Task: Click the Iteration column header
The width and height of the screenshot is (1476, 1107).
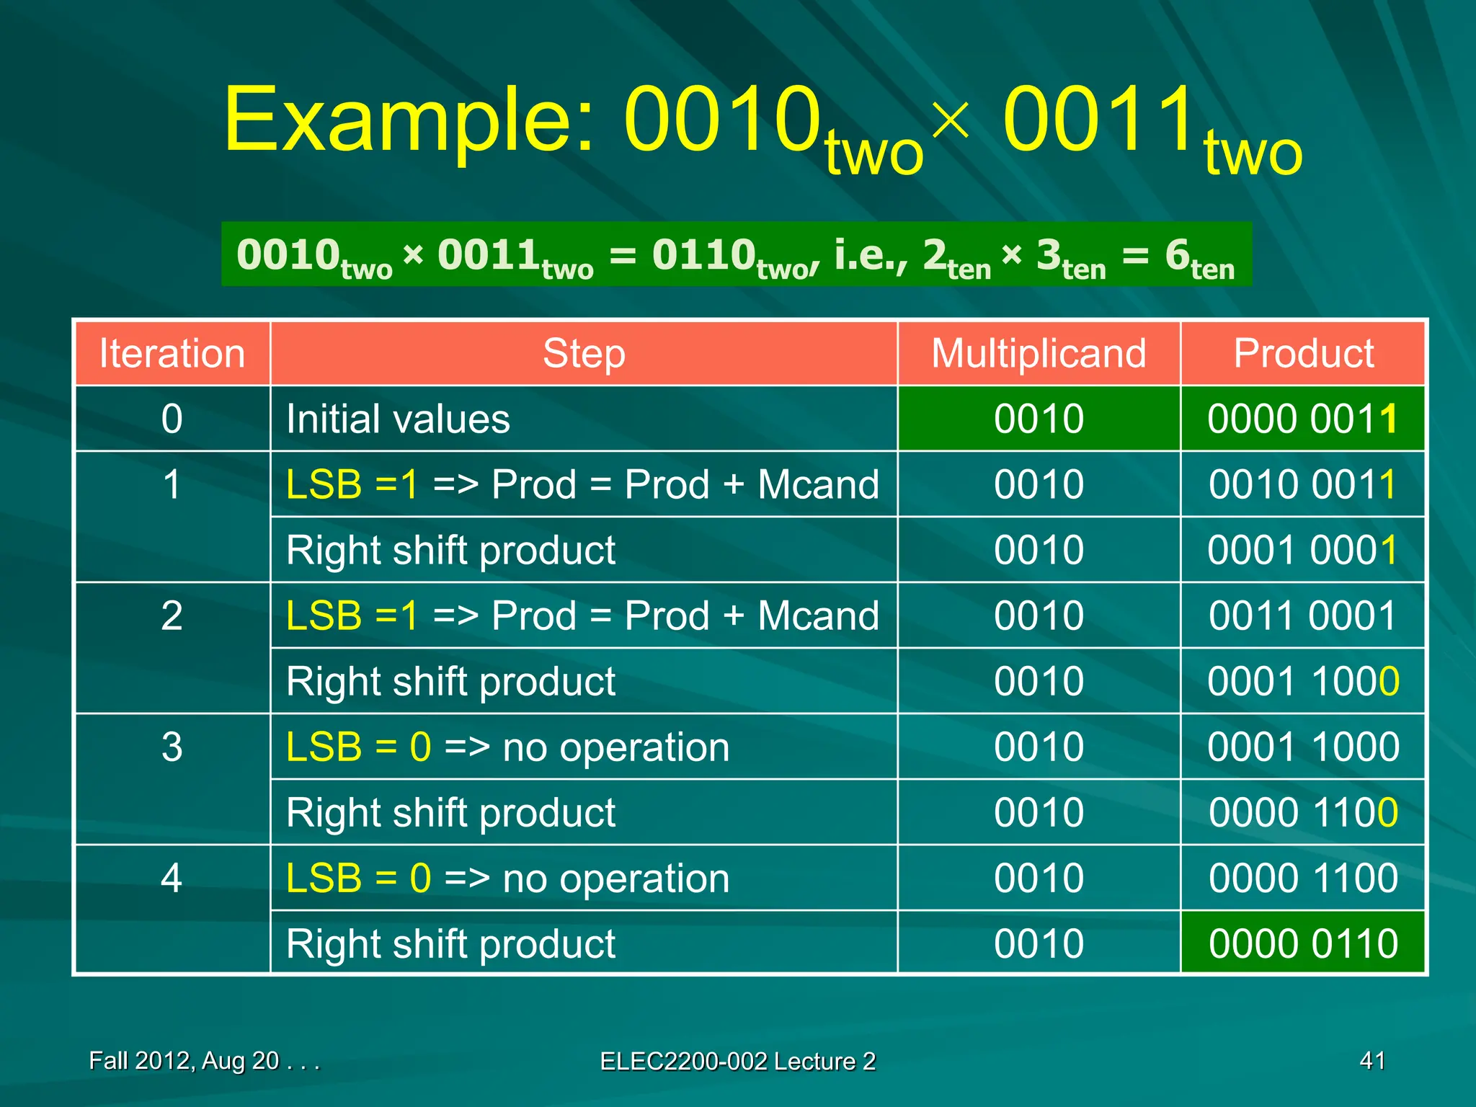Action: [172, 354]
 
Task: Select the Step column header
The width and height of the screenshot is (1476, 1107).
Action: [584, 354]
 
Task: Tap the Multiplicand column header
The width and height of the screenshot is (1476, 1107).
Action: [1039, 354]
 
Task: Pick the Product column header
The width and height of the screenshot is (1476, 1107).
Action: [1303, 354]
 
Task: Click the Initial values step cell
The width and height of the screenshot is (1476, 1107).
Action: [398, 419]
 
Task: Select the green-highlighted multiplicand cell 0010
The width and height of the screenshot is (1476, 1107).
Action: [1039, 419]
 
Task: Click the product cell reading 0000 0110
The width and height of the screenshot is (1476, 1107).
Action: [1303, 943]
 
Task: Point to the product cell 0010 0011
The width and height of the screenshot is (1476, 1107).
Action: [1303, 484]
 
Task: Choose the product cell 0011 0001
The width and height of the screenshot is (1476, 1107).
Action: [1303, 615]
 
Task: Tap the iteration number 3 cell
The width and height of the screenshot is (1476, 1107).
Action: [172, 747]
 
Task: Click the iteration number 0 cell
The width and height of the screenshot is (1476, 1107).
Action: [172, 419]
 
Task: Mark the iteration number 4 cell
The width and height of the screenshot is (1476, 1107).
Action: [172, 878]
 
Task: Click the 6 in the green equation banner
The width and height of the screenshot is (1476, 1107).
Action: [1177, 256]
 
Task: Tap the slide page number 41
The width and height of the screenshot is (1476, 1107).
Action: [1372, 1060]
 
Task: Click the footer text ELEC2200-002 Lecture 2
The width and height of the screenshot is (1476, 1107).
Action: [737, 1061]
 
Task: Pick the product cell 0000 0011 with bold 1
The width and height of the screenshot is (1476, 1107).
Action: [1303, 419]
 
